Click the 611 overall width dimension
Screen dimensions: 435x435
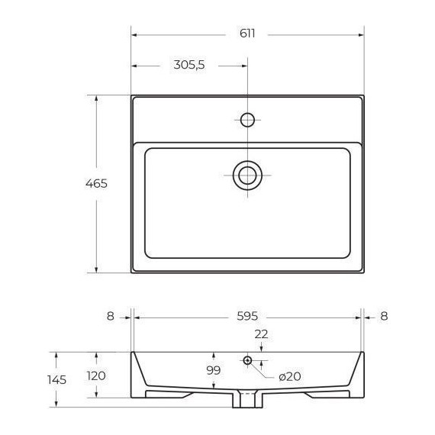(x=247, y=34)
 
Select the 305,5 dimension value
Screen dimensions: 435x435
(x=189, y=65)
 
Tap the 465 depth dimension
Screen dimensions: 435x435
(x=96, y=184)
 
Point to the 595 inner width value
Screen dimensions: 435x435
(x=247, y=316)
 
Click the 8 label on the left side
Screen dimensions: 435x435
(x=111, y=316)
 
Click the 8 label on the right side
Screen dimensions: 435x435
(x=384, y=316)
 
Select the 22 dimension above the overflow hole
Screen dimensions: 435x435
(x=261, y=334)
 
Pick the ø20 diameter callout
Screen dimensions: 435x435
(x=290, y=376)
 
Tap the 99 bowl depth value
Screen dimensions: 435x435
(x=214, y=370)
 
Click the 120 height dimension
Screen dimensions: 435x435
(x=96, y=376)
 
